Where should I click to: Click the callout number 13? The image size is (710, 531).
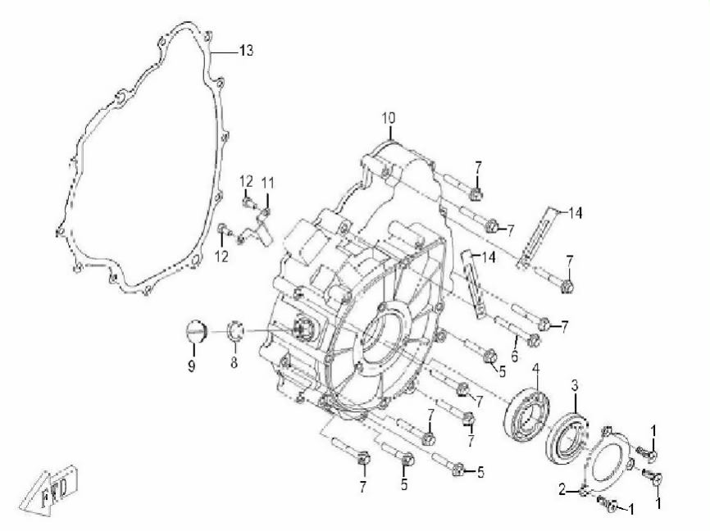(246, 50)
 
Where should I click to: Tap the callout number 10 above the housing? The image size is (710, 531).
(388, 118)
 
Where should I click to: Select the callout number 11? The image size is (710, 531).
(267, 184)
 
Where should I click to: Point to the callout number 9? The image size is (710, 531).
(192, 365)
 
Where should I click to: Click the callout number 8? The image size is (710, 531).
(234, 362)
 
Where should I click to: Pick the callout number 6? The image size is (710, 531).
(514, 356)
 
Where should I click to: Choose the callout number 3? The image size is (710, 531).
(575, 386)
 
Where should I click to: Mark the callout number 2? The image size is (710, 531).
(562, 490)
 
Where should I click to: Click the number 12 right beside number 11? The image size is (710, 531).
(246, 182)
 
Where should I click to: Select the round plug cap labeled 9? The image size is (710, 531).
(196, 331)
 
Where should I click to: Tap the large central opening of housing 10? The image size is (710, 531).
(381, 335)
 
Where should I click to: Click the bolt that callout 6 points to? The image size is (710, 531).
(517, 330)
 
